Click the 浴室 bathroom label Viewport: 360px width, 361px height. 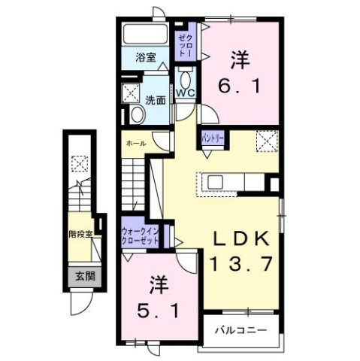(x=146, y=57)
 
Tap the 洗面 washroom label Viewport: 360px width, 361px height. (x=156, y=99)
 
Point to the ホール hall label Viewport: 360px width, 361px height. (x=135, y=142)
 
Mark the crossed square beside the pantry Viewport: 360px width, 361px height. (x=268, y=140)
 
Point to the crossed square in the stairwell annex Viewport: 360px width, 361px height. (x=78, y=162)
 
